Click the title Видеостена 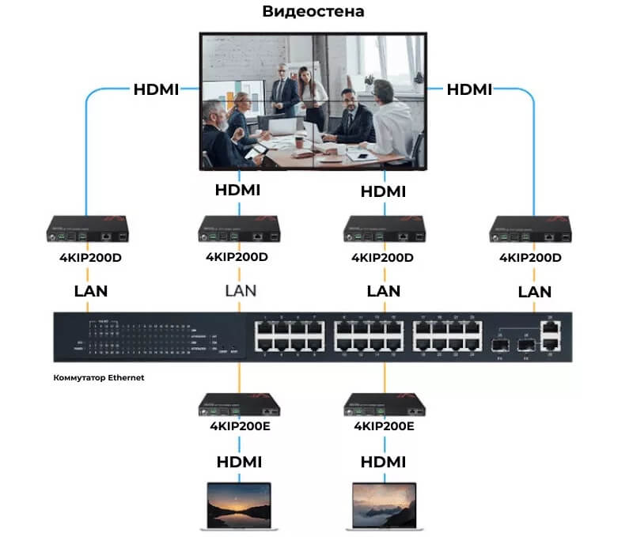[314, 13]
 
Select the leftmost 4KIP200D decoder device [85, 229]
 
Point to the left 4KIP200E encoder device [238, 406]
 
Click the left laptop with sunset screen [237, 505]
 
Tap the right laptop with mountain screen [383, 505]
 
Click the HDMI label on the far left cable [155, 89]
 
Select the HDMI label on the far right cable [470, 89]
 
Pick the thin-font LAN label [241, 290]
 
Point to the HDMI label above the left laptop [238, 461]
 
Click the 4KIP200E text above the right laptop [384, 426]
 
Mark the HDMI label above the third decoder [383, 191]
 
